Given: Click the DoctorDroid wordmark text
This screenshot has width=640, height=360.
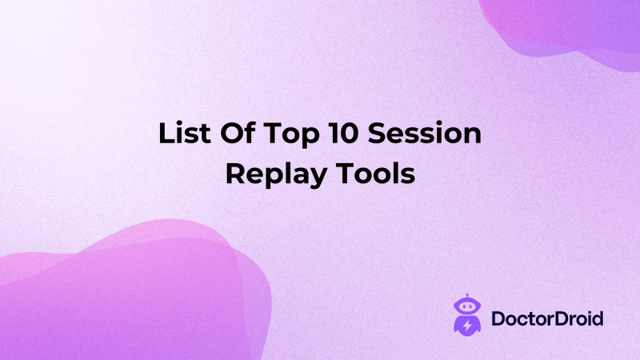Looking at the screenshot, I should pyautogui.click(x=547, y=319).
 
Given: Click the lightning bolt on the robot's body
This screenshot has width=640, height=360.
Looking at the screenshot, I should pyautogui.click(x=466, y=326).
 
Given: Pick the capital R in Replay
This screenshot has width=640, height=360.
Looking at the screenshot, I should pyautogui.click(x=234, y=174).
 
